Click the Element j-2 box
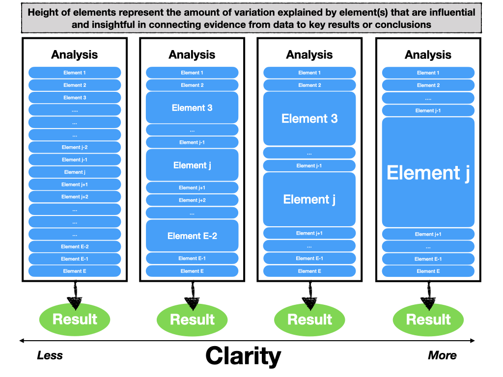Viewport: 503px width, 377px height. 75,147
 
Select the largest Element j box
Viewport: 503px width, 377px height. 428,172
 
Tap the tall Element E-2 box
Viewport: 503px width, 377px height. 192,236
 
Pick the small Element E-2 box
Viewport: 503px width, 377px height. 75,246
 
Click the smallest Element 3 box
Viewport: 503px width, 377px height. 75,98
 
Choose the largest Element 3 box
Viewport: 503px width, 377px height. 309,118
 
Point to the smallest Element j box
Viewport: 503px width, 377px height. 75,172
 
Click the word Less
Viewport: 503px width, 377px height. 50,355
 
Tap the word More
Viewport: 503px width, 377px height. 442,355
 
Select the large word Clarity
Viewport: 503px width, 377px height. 243,355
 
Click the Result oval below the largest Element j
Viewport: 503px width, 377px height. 428,320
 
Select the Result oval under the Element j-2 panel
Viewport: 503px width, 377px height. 75,320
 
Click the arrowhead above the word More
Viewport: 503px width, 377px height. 473,341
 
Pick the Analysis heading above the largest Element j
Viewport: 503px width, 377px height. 428,55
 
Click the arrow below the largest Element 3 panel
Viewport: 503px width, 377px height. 309,296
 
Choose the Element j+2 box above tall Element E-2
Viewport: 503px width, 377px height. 192,200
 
